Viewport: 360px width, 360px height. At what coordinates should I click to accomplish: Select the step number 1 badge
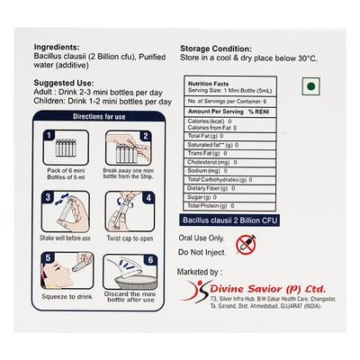pyautogui.click(x=49, y=136)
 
